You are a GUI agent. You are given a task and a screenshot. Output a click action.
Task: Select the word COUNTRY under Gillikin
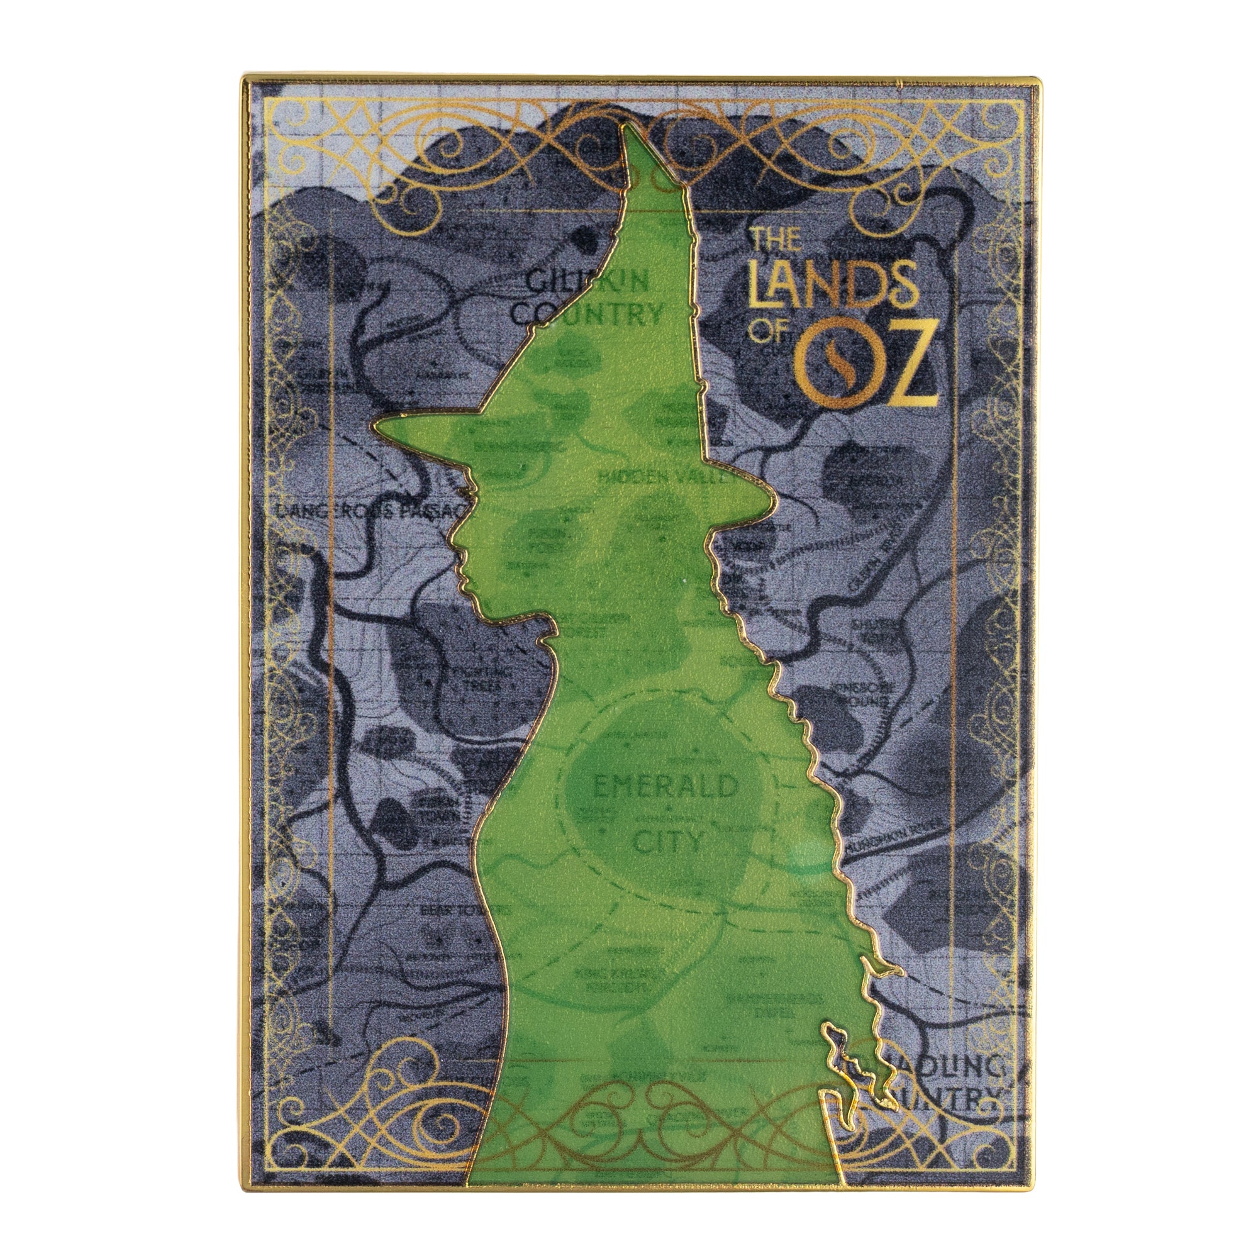pos(587,314)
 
